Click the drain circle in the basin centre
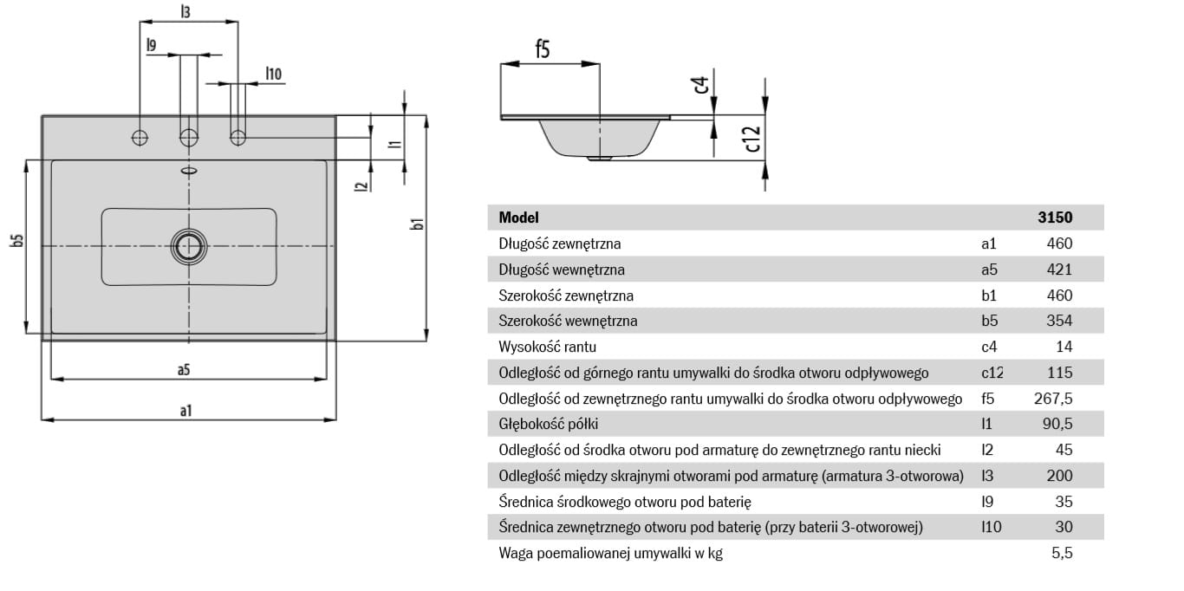pyautogui.click(x=189, y=246)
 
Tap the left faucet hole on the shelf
pyautogui.click(x=140, y=136)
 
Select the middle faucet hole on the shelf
pyautogui.click(x=189, y=136)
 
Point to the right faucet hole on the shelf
pyautogui.click(x=238, y=136)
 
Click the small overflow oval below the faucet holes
pyautogui.click(x=189, y=170)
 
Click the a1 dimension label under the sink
pyautogui.click(x=185, y=410)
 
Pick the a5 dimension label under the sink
pyautogui.click(x=184, y=370)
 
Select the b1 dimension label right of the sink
pyautogui.click(x=418, y=224)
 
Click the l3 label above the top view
pyautogui.click(x=185, y=12)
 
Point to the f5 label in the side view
pyautogui.click(x=542, y=49)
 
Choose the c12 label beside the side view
pyautogui.click(x=753, y=139)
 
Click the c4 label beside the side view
pyautogui.click(x=701, y=85)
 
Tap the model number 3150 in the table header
pyautogui.click(x=1055, y=218)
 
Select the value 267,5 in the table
pyautogui.click(x=1053, y=399)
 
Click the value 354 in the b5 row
pyautogui.click(x=1059, y=321)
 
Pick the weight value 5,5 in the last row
pyautogui.click(x=1062, y=553)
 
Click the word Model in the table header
pyautogui.click(x=518, y=218)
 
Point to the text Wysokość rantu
pyautogui.click(x=548, y=347)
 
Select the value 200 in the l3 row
pyautogui.click(x=1059, y=476)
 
